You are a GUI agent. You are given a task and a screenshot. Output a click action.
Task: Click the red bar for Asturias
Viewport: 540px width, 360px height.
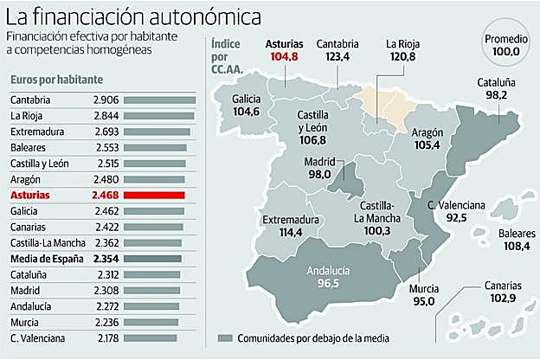click(160, 196)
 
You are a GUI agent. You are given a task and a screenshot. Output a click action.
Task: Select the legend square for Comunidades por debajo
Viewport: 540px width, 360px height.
click(227, 337)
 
